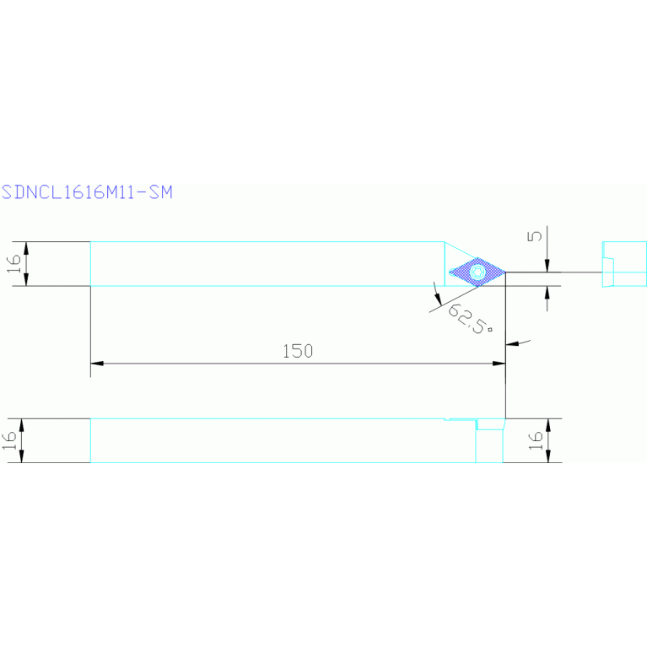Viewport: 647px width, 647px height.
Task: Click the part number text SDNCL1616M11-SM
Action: pos(87,192)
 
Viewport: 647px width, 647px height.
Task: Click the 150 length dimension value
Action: pos(298,351)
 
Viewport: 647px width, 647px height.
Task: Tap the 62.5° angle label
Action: pos(469,320)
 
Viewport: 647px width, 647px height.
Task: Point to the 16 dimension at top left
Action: pos(13,264)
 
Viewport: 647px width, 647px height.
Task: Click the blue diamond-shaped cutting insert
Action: pos(477,272)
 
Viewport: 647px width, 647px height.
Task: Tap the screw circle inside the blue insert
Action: pos(478,272)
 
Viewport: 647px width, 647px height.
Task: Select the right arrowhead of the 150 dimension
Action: pos(499,364)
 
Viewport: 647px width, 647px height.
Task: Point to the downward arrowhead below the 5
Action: pos(547,267)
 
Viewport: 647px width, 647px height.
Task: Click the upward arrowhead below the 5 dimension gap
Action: pos(547,292)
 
